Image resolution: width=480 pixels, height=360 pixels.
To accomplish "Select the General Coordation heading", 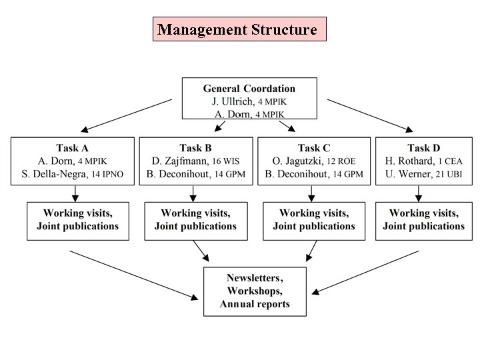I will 249,89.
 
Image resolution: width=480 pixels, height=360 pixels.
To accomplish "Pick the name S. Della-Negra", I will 63,174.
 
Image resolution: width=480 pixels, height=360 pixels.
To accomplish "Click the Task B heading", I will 195,148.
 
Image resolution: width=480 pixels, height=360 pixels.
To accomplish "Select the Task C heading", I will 313,148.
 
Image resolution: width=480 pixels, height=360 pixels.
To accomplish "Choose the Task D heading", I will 423,148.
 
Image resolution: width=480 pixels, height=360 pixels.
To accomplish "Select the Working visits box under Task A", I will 77,220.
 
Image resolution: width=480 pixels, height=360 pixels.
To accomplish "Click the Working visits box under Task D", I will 423,220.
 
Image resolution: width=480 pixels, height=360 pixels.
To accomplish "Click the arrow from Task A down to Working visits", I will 75,193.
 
